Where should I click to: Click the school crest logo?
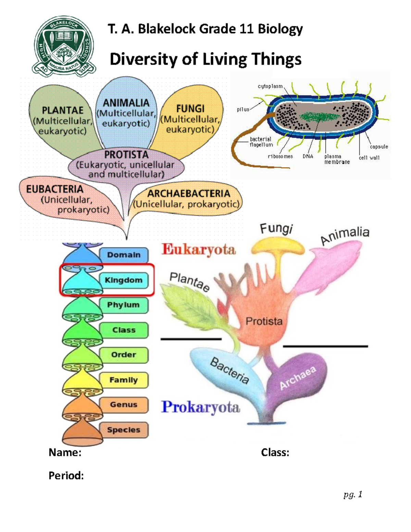(x=64, y=46)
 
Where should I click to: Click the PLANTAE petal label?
(x=63, y=110)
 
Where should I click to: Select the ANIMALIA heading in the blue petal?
(x=126, y=103)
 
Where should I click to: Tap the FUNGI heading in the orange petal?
(x=190, y=109)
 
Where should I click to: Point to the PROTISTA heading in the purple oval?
(x=126, y=154)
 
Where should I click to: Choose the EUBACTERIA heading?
(x=55, y=189)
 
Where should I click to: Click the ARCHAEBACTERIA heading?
(x=188, y=194)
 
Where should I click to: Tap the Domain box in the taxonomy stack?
(x=124, y=255)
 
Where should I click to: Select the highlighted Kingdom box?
(x=123, y=280)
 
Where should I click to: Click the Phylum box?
(x=123, y=305)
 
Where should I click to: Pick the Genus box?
(x=123, y=405)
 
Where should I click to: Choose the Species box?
(x=123, y=430)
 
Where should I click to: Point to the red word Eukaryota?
(x=199, y=249)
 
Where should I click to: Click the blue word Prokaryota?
(x=200, y=407)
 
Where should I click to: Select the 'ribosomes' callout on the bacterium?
(x=280, y=157)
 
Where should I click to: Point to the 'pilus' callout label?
(x=243, y=110)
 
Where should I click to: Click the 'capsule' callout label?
(x=379, y=147)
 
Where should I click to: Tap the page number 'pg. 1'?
(x=353, y=494)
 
